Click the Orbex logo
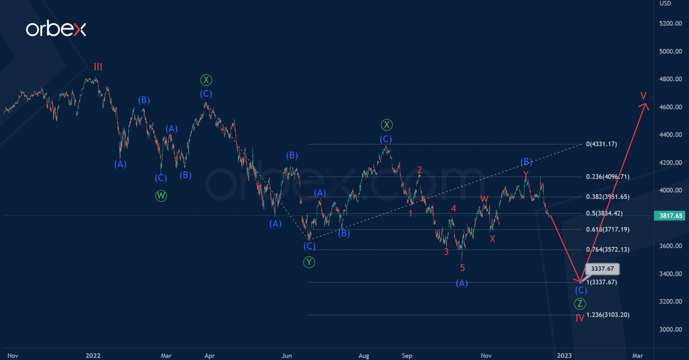point(56,29)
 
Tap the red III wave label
point(98,67)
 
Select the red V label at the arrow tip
point(644,95)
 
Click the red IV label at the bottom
point(580,318)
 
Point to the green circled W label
point(161,196)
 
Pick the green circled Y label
point(309,262)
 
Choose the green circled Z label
point(580,304)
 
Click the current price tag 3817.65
point(671,216)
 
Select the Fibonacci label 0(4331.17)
point(601,144)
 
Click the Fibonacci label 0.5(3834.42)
point(604,214)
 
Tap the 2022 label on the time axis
point(93,356)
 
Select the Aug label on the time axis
point(364,356)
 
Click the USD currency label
point(665,4)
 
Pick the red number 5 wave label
point(462,268)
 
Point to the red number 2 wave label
point(420,170)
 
